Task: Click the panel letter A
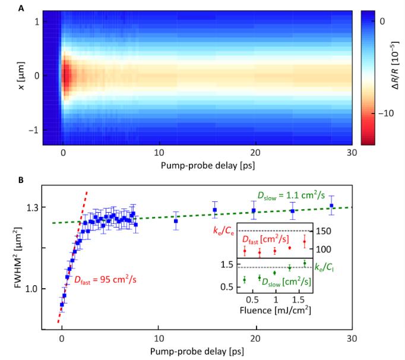[x=21, y=8]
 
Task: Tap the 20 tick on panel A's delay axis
[x=255, y=152]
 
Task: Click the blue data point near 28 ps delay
[x=331, y=206]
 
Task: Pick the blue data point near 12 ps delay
[x=176, y=221]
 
